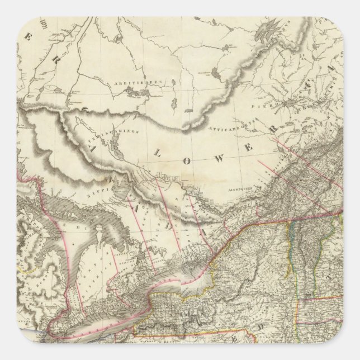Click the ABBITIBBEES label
pos(140,82)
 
